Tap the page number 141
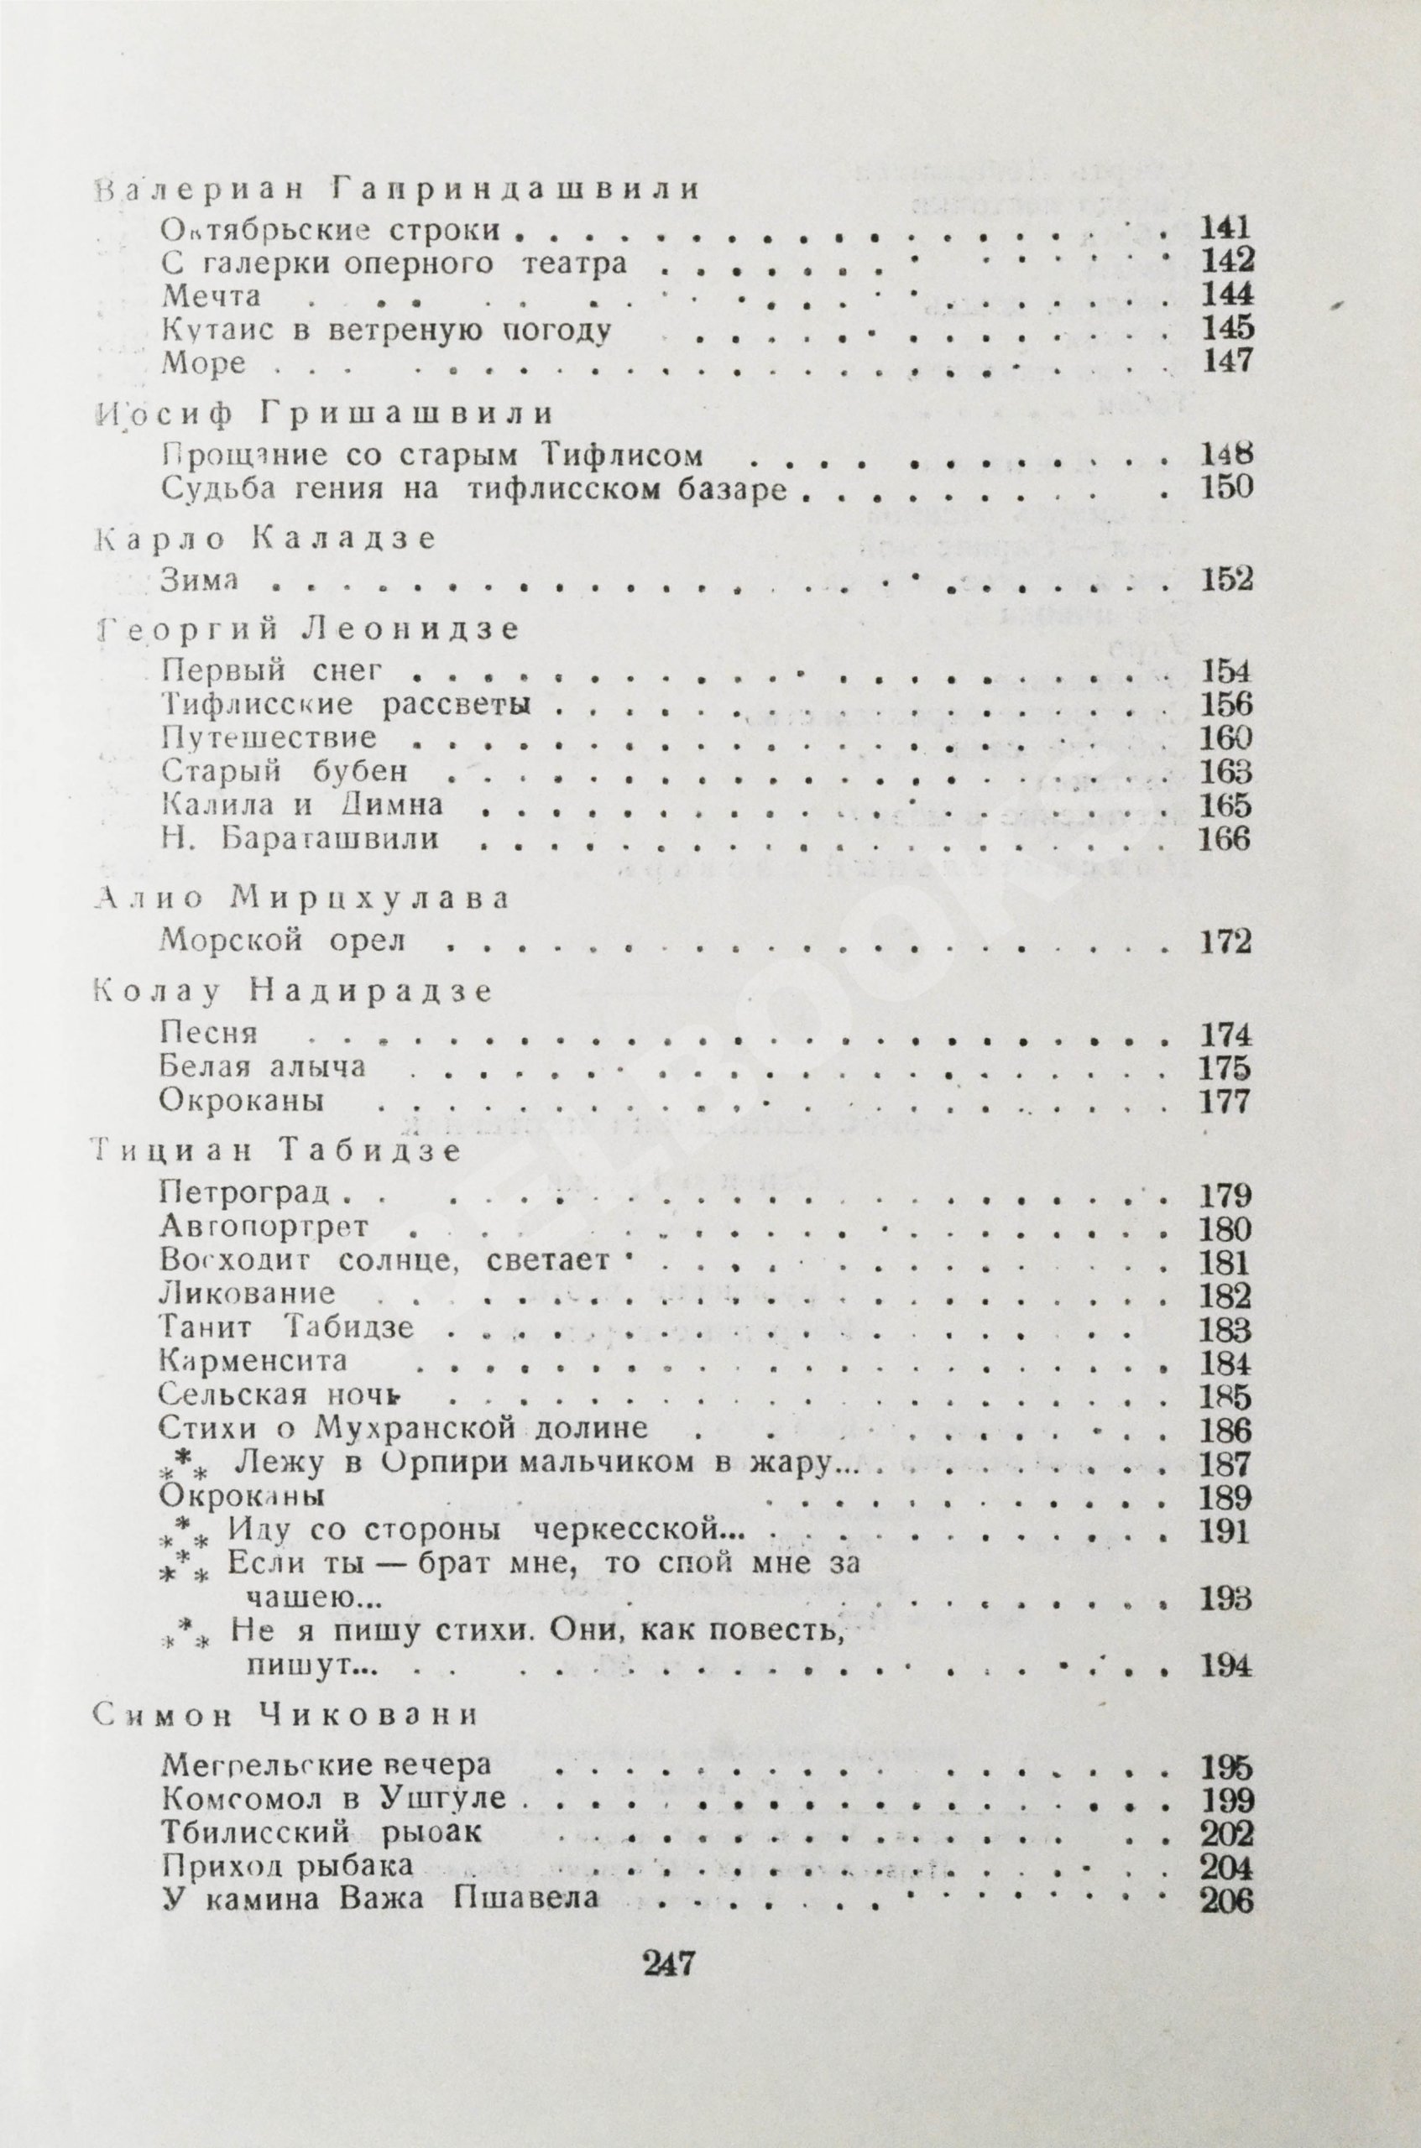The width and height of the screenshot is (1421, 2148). click(1225, 227)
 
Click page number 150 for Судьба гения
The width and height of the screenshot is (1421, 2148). click(1225, 487)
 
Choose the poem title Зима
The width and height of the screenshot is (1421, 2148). click(200, 581)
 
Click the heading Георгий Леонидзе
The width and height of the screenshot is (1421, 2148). click(308, 628)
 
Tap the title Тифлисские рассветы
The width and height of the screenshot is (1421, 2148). click(345, 704)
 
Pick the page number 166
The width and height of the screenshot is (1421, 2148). click(1225, 838)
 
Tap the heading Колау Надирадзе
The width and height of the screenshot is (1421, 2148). click(294, 991)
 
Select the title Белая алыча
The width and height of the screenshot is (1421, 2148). click(263, 1066)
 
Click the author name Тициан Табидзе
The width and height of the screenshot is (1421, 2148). click(277, 1150)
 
